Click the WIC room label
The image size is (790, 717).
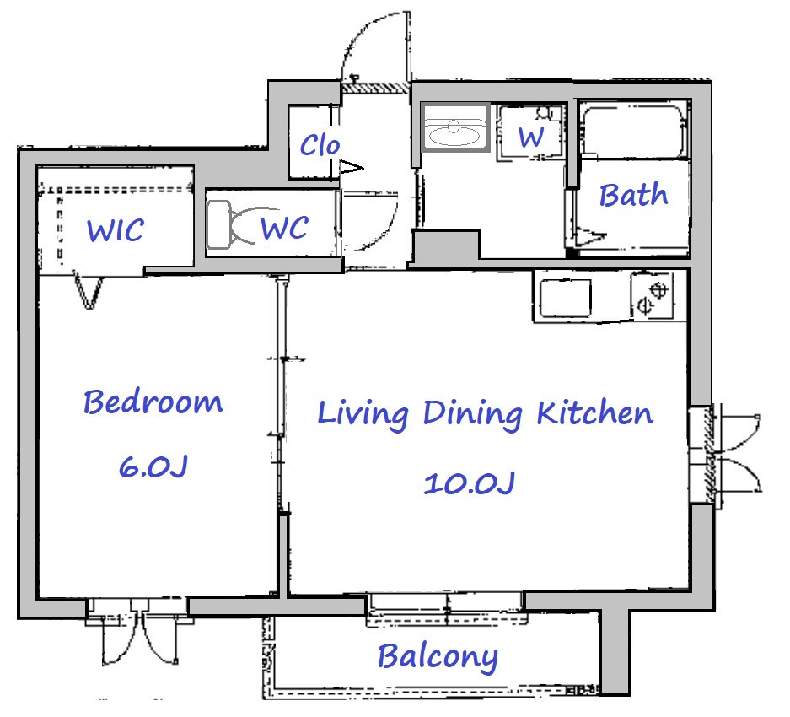point(116,230)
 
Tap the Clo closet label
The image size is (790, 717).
point(320,145)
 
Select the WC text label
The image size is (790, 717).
point(285,228)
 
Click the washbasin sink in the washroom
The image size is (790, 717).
point(455,127)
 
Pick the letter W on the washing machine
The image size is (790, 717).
point(531,137)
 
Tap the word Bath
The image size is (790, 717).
point(633,195)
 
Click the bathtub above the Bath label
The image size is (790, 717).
point(635,131)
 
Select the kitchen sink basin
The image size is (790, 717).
point(565,298)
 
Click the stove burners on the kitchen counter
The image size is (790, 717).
point(652,296)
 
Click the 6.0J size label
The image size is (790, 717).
point(153,466)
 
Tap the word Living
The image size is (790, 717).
point(363,414)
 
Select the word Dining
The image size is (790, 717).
point(472,414)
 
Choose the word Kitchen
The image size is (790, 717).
point(594,412)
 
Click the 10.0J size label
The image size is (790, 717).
point(469,482)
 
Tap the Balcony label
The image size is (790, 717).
point(438,657)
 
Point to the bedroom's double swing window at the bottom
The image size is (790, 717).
point(138,630)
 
